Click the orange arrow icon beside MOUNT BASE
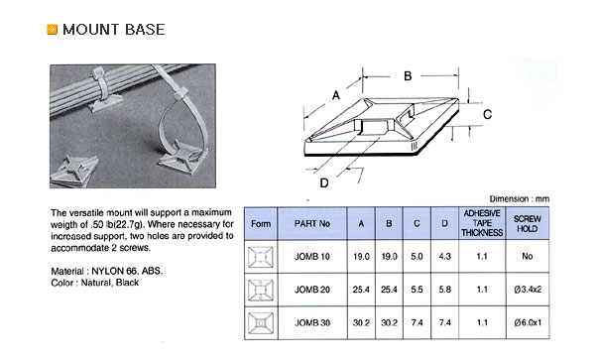pos(52,30)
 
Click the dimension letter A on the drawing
pos(336,95)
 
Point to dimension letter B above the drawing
pos(408,76)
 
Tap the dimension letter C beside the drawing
pos(487,114)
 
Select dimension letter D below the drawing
pos(324,183)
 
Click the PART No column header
pos(311,223)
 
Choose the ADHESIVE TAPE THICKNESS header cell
pos(482,223)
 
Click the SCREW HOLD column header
pos(528,223)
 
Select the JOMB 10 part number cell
pos(311,257)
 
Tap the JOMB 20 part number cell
pos(311,290)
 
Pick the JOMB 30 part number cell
pos(311,322)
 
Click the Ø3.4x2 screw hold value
pos(528,290)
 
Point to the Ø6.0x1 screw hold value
pos(528,322)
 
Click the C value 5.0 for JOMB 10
pos(417,257)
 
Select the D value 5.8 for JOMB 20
pos(444,290)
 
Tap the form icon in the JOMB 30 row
pos(261,323)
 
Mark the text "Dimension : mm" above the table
pos(520,199)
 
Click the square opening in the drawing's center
pos(374,127)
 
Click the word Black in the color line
pos(127,283)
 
